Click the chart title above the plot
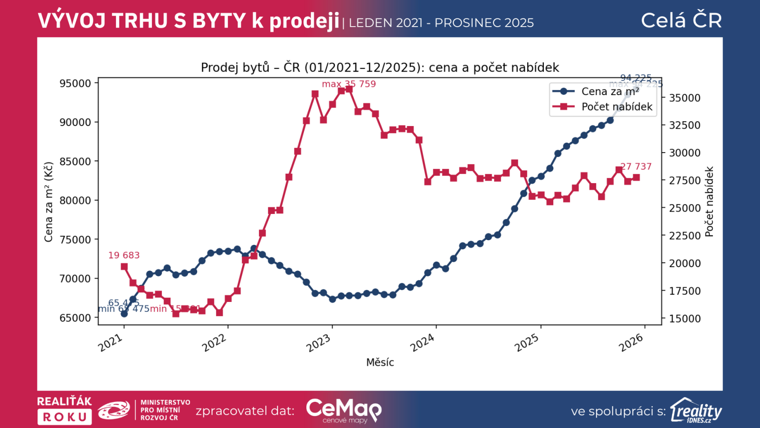(x=380, y=68)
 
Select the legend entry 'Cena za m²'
(x=610, y=91)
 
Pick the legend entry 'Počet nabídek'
(x=617, y=107)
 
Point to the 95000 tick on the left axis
(x=75, y=83)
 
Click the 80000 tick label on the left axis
(x=75, y=200)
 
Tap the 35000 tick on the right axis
(x=684, y=98)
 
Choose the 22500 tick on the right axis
(x=684, y=236)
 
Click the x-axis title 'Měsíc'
(x=380, y=362)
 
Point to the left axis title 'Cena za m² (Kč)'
(x=48, y=202)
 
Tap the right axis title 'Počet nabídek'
(x=709, y=202)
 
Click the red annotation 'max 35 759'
(x=349, y=84)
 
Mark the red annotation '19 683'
(x=124, y=255)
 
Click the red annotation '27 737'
(x=636, y=166)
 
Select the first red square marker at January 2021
(x=124, y=267)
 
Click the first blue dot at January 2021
(x=124, y=314)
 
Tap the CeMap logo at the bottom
(x=343, y=410)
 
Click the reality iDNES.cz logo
(x=696, y=410)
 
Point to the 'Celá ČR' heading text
(x=681, y=20)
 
